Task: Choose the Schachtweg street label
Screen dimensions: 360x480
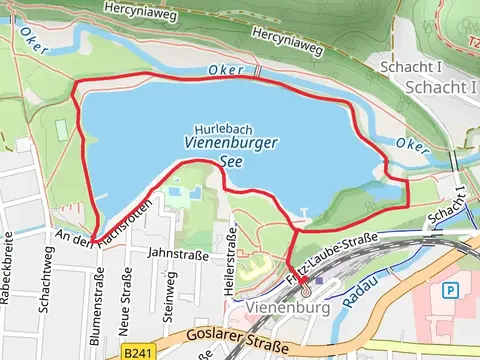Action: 44,290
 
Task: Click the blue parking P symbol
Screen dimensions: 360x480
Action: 451,290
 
